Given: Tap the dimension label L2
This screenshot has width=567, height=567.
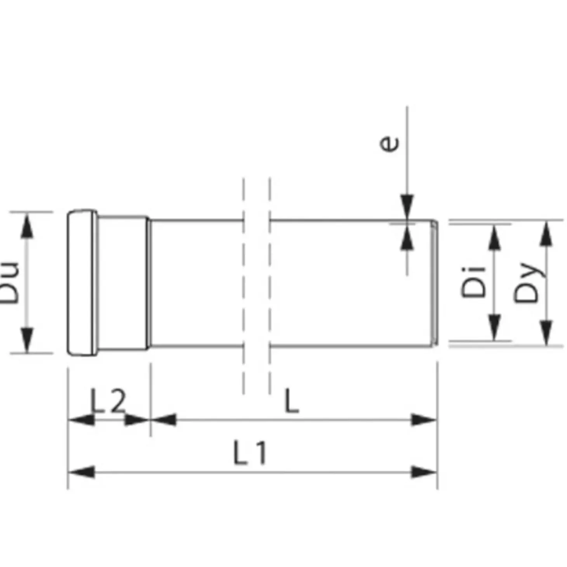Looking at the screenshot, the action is (x=108, y=401).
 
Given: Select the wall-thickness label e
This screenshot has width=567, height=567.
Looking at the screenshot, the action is (x=389, y=144).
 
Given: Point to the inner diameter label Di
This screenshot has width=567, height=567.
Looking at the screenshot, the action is (x=473, y=282).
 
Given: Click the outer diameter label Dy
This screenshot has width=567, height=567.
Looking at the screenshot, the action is (x=527, y=282).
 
